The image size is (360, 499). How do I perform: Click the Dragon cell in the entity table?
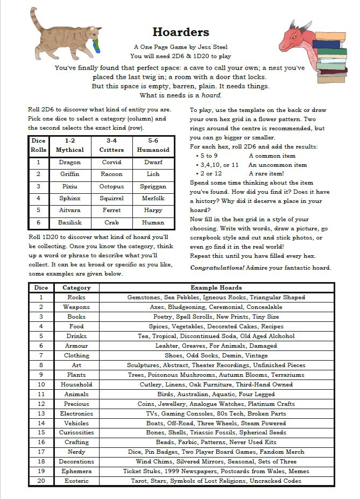coord(69,162)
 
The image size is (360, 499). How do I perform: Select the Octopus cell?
coord(111,186)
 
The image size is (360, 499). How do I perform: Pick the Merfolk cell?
coord(153,198)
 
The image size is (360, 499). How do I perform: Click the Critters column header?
coord(111,150)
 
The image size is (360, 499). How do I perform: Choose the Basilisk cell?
coord(69,222)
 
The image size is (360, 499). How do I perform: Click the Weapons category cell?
coord(76,307)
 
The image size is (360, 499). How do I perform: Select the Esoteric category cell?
coord(76,481)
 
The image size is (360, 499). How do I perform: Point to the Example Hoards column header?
coord(216,287)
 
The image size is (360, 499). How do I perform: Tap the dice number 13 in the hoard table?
coord(41,413)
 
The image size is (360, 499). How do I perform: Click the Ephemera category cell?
coord(76,471)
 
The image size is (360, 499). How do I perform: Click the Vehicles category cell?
coord(76,423)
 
